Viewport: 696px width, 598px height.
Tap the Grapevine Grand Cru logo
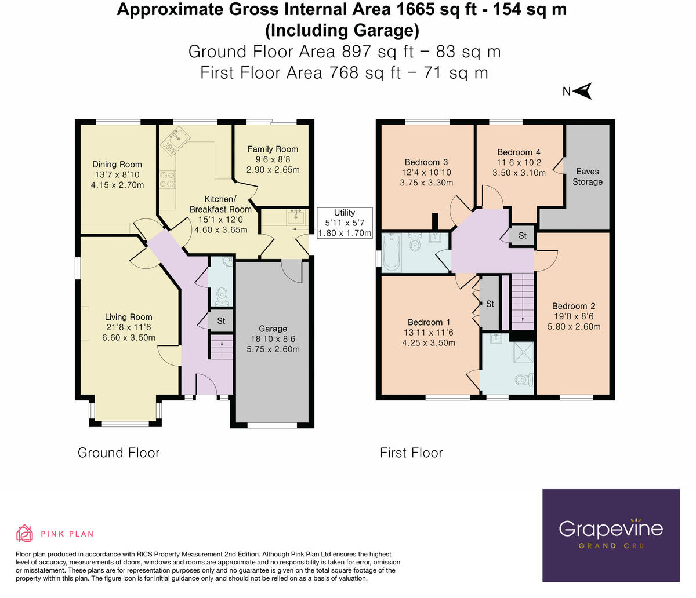pyautogui.click(x=611, y=534)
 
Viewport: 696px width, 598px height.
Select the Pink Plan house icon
pyautogui.click(x=24, y=533)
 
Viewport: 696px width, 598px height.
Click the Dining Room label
pyautogui.click(x=117, y=165)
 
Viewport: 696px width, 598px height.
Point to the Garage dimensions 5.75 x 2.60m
pyautogui.click(x=273, y=349)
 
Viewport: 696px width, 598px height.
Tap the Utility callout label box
pyautogui.click(x=345, y=223)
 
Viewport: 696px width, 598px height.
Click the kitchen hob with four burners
pyautogui.click(x=168, y=179)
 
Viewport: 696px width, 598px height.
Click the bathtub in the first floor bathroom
pyautogui.click(x=392, y=252)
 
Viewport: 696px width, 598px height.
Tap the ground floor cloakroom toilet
pyautogui.click(x=221, y=297)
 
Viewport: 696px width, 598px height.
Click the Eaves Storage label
pyautogui.click(x=588, y=177)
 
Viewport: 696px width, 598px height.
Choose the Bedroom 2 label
pyautogui.click(x=573, y=306)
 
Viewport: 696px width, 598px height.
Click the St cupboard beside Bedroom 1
pyautogui.click(x=490, y=304)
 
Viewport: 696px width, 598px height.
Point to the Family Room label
pyautogui.click(x=273, y=149)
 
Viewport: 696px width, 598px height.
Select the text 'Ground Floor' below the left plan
pyautogui.click(x=118, y=453)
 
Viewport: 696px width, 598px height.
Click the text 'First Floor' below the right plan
pyautogui.click(x=411, y=453)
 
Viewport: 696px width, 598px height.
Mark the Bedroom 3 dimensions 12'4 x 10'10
pyautogui.click(x=426, y=173)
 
